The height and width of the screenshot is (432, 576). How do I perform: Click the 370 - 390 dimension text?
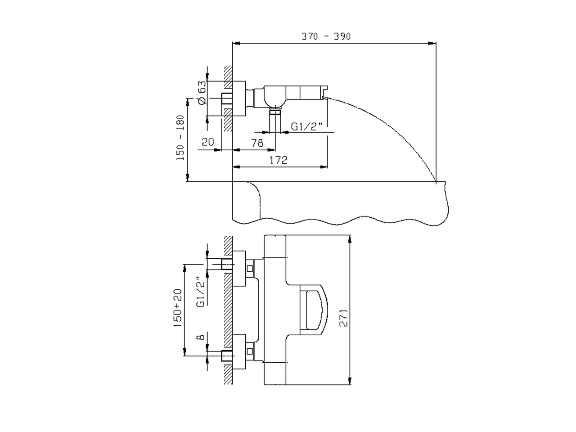pyautogui.click(x=326, y=36)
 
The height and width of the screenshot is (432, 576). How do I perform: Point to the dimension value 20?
pyautogui.click(x=207, y=142)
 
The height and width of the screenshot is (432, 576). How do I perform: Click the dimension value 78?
pyautogui.click(x=257, y=143)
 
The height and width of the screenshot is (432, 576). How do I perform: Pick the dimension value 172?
pyautogui.click(x=279, y=160)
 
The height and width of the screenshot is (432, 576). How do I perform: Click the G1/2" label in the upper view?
pyautogui.click(x=307, y=126)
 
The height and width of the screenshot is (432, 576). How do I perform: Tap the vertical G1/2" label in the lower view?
pyautogui.click(x=201, y=292)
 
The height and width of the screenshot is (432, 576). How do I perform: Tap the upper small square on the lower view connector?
pyautogui.click(x=250, y=269)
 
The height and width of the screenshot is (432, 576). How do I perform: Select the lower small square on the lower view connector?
pyautogui.click(x=250, y=349)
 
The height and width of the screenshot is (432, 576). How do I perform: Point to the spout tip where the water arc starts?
pyautogui.click(x=325, y=96)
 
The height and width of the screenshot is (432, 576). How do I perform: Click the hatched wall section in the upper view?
pyautogui.click(x=228, y=99)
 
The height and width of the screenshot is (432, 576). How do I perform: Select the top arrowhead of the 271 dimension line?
pyautogui.click(x=351, y=239)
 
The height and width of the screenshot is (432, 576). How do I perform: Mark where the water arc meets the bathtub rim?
pyautogui.click(x=436, y=181)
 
